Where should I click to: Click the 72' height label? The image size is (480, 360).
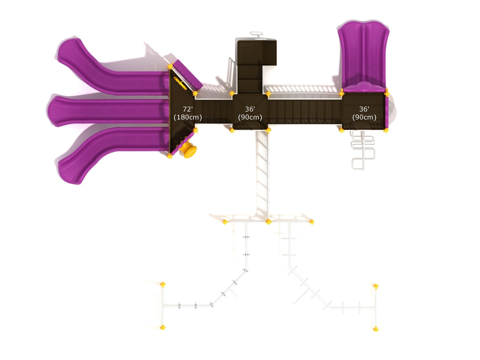click(188, 109)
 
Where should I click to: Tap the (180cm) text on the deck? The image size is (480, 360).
click(188, 117)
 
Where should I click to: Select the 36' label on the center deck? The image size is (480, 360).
click(250, 109)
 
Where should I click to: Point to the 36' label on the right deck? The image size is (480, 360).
click(364, 109)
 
